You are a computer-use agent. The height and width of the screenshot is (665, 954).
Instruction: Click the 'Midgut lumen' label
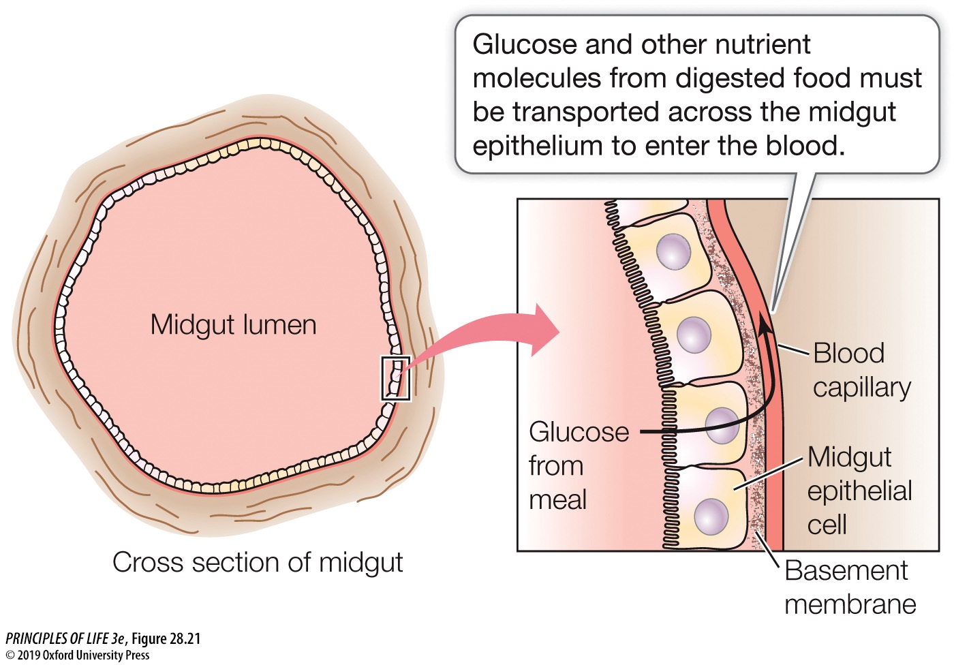pyautogui.click(x=233, y=325)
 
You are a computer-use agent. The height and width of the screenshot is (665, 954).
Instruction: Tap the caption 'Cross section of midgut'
pyautogui.click(x=258, y=563)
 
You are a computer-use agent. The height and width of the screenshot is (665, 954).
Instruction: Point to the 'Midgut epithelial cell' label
pyautogui.click(x=859, y=491)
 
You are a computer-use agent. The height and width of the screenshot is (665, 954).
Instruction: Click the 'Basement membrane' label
pyautogui.click(x=849, y=587)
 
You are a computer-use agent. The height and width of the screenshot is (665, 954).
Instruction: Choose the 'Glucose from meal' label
pyautogui.click(x=578, y=466)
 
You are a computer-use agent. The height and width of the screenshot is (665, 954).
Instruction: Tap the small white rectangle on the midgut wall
pyautogui.click(x=395, y=378)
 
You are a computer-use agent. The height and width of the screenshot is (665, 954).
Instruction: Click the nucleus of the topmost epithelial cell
pyautogui.click(x=673, y=251)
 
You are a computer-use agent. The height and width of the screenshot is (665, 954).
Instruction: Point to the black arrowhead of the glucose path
pyautogui.click(x=766, y=326)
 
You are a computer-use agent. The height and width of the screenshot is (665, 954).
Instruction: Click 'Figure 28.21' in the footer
pyautogui.click(x=166, y=638)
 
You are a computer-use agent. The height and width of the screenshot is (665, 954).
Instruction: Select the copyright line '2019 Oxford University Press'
pyautogui.click(x=82, y=655)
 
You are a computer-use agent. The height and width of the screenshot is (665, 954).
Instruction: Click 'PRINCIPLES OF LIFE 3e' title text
pyautogui.click(x=65, y=638)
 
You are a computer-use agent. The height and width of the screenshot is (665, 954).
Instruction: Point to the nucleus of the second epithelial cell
pyautogui.click(x=694, y=335)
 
